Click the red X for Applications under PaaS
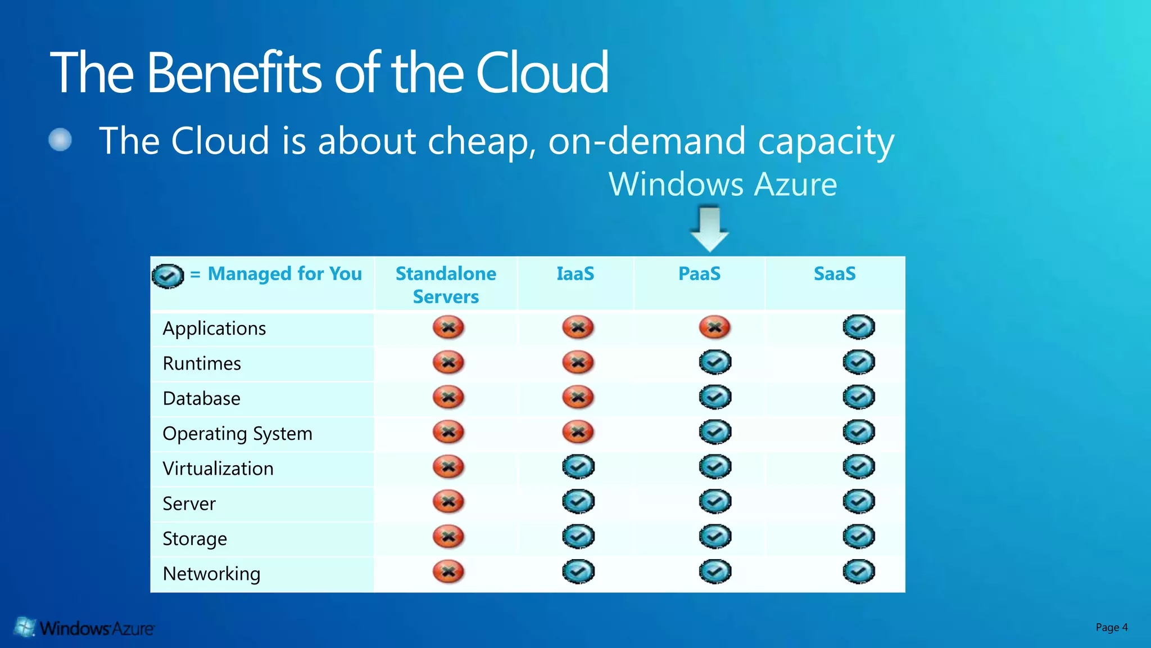click(714, 327)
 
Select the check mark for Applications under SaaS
click(859, 327)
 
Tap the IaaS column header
click(575, 274)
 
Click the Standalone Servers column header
click(446, 285)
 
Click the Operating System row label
click(237, 434)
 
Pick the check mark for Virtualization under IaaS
click(578, 467)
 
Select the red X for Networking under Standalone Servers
click(448, 572)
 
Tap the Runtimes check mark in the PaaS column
click(715, 362)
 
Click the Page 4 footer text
click(1111, 627)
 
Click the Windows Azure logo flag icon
click(24, 627)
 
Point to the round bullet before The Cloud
click(60, 139)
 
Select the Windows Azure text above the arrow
click(723, 184)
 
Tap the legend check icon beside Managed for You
click(167, 276)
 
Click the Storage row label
click(194, 539)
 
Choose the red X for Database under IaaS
click(578, 397)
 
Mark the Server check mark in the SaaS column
click(859, 502)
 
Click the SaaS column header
click(835, 274)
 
